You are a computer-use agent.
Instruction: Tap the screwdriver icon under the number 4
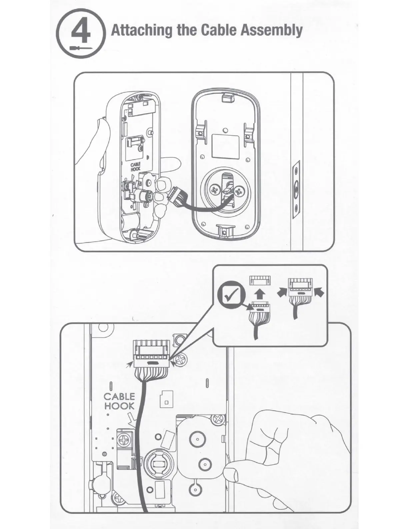point(81,48)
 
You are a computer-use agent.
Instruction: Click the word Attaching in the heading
point(142,30)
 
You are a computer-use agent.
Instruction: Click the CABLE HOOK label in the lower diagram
point(119,401)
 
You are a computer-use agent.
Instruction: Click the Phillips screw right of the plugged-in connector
point(181,360)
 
